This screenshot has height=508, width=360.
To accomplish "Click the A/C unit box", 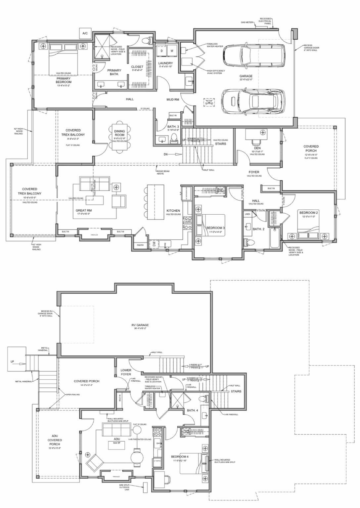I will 85,33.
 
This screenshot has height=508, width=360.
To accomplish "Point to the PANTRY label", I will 140,245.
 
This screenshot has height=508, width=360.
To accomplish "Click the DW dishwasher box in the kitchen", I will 154,244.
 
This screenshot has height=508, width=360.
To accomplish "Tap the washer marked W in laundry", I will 172,51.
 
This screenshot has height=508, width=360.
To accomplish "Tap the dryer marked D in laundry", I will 162,51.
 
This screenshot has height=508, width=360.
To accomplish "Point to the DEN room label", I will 257,148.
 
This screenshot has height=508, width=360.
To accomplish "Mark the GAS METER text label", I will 247,22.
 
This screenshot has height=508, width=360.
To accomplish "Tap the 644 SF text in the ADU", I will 116,443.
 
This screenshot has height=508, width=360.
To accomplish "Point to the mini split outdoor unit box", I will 145,487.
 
